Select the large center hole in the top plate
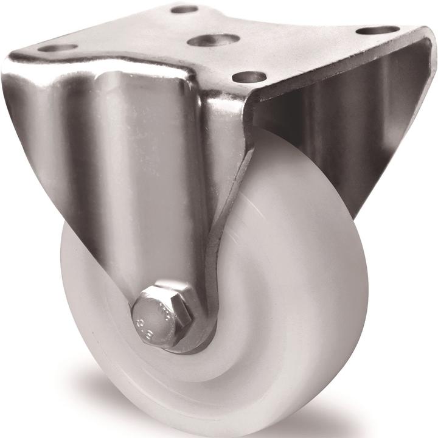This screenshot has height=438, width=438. click(x=212, y=40)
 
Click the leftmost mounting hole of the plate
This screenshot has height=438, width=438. click(x=57, y=47)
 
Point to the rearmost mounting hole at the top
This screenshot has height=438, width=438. click(x=184, y=10)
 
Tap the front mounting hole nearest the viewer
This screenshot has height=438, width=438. click(x=249, y=77)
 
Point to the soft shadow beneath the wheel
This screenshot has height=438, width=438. click(x=292, y=426)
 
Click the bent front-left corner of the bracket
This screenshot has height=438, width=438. click(x=18, y=73)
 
